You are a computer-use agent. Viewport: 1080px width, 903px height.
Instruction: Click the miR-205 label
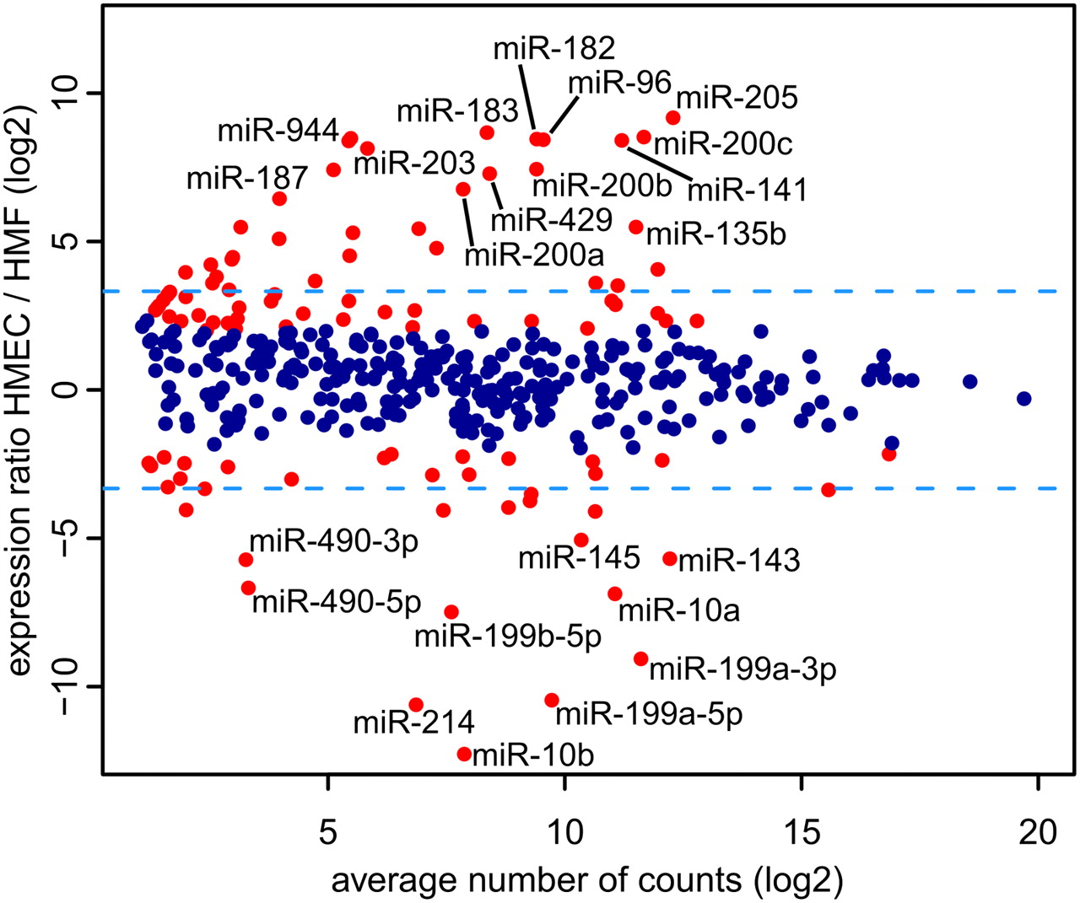pos(737,98)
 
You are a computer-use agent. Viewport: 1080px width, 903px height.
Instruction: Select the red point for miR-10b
pos(464,754)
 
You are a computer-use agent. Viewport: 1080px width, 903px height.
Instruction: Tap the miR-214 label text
pos(413,723)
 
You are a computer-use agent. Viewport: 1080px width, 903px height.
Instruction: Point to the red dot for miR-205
pos(673,118)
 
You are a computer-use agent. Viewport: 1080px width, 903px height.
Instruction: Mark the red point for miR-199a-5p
pos(552,700)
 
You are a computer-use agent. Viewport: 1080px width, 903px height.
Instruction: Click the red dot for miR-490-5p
pos(248,588)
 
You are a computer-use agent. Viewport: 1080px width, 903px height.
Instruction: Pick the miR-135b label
pos(715,234)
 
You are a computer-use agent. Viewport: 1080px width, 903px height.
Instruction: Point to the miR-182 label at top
pos(554,49)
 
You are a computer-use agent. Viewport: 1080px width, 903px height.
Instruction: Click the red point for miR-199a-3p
pos(641,658)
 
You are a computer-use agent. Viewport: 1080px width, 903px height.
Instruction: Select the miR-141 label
pos(747,190)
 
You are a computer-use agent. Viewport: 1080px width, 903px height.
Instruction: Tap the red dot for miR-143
pos(670,558)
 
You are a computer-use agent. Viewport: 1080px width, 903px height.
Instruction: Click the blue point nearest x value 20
pos(1023,399)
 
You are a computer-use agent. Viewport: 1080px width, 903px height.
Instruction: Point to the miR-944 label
pos(278,131)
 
